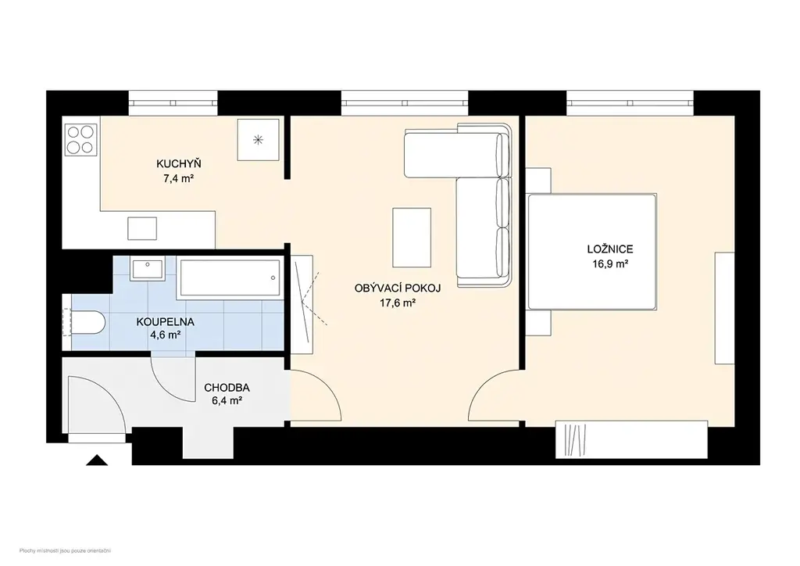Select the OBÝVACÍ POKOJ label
[x=398, y=288]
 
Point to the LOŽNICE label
[x=610, y=249]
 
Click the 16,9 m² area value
[x=610, y=264]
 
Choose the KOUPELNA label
[x=166, y=322]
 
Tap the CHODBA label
[x=227, y=388]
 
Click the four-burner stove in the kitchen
[x=81, y=140]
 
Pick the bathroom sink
[x=147, y=268]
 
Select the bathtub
[x=229, y=278]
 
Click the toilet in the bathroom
[x=84, y=323]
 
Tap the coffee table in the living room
[x=412, y=238]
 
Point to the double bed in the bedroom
[x=592, y=252]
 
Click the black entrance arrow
[x=97, y=460]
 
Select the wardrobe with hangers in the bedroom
[x=631, y=439]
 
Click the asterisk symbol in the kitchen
[x=259, y=139]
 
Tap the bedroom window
[x=630, y=103]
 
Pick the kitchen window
[x=173, y=103]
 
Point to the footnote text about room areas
[x=66, y=550]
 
